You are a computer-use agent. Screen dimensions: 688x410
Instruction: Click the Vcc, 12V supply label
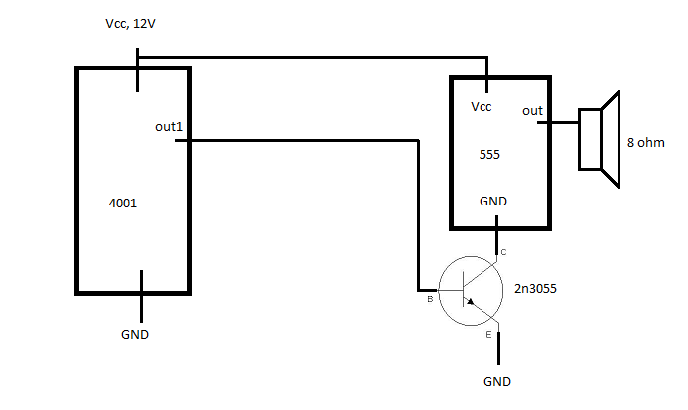pos(130,24)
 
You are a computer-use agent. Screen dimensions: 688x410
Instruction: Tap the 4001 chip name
pos(123,204)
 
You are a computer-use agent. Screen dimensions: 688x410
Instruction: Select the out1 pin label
pos(169,127)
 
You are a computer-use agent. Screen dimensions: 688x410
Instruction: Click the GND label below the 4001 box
pos(135,335)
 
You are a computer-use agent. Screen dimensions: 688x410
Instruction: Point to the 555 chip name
pos(489,155)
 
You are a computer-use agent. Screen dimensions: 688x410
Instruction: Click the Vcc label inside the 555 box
pos(481,107)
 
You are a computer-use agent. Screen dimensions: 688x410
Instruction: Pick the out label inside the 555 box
pos(532,111)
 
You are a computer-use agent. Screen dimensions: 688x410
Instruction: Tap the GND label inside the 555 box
pos(493,202)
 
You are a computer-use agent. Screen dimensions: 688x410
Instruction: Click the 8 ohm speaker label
pos(646,143)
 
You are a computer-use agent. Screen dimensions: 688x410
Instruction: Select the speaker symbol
pos(600,139)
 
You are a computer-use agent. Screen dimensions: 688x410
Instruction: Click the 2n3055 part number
pos(535,289)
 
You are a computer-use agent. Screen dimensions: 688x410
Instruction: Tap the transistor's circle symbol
pos(502,291)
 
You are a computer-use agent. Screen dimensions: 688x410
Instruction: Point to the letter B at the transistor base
pos(430,299)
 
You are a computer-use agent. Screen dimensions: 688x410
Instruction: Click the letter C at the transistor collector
pos(503,252)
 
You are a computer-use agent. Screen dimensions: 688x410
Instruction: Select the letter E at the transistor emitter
pos(488,335)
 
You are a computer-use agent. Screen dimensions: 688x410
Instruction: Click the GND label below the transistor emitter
pos(497,382)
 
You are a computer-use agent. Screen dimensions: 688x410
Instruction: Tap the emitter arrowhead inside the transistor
pos(470,301)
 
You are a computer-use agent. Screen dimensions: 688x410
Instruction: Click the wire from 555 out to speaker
pos(558,122)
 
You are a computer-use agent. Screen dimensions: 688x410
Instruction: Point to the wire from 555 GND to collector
pos(496,235)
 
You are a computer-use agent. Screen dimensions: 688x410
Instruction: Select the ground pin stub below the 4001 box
pos(141,296)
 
